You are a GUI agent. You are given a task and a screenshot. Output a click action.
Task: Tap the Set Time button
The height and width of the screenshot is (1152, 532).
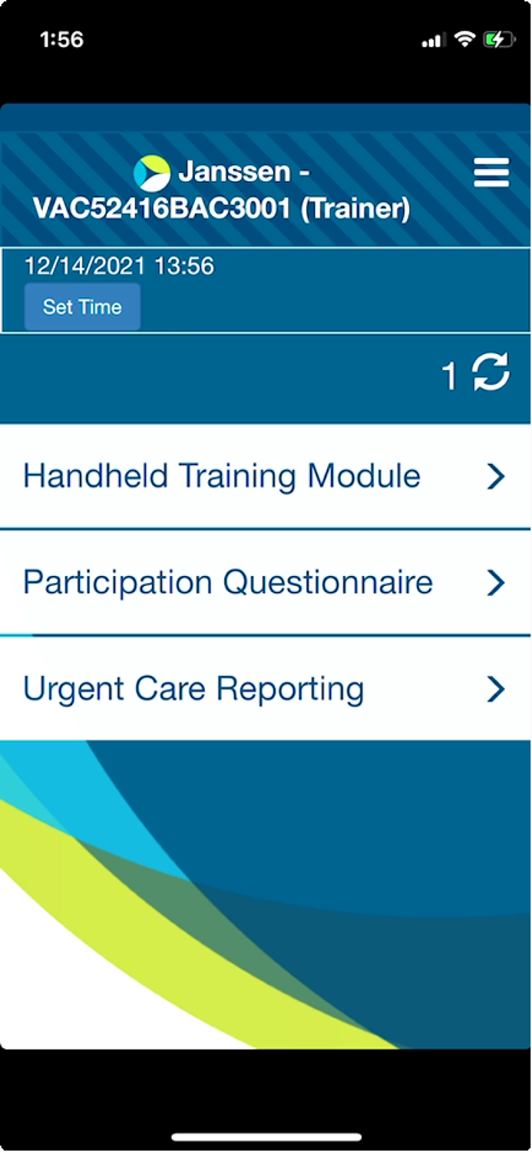82,306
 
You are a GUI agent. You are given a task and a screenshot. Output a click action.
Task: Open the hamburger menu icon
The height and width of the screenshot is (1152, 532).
491,172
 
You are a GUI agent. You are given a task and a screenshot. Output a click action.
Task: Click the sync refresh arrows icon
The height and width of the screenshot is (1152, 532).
491,371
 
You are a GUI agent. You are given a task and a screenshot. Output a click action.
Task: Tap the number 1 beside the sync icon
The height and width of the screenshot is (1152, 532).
449,375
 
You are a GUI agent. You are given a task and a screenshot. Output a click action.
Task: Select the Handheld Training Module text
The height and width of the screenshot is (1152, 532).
222,475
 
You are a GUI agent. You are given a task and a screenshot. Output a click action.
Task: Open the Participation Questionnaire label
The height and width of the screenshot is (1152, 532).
228,582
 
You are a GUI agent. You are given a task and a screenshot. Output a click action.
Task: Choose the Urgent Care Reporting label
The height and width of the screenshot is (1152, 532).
193,689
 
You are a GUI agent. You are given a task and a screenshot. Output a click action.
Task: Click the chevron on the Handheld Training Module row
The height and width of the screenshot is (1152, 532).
495,476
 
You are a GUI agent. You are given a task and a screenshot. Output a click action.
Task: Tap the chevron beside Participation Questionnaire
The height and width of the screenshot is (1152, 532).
495,583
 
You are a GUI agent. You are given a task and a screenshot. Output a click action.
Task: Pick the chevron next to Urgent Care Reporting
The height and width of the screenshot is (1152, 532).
495,689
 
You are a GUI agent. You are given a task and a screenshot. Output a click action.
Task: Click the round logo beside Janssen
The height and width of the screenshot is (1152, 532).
152,174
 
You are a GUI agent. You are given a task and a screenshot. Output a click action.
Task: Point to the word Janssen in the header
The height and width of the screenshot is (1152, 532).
234,171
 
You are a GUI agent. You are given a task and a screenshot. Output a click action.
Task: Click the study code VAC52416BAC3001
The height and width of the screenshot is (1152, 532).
162,208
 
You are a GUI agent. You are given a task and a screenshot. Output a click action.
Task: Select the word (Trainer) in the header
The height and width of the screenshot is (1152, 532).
355,209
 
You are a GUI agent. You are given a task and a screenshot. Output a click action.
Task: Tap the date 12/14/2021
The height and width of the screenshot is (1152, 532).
84,266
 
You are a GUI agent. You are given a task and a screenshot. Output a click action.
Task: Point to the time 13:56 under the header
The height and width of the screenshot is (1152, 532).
184,266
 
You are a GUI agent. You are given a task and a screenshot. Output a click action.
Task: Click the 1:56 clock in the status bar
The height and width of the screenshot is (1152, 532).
61,40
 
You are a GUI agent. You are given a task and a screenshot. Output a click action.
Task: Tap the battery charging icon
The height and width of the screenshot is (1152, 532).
498,40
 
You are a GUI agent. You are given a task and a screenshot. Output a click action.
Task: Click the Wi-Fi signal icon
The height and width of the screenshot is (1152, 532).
464,39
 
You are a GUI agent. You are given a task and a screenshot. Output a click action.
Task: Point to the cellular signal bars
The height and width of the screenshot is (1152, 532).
433,41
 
